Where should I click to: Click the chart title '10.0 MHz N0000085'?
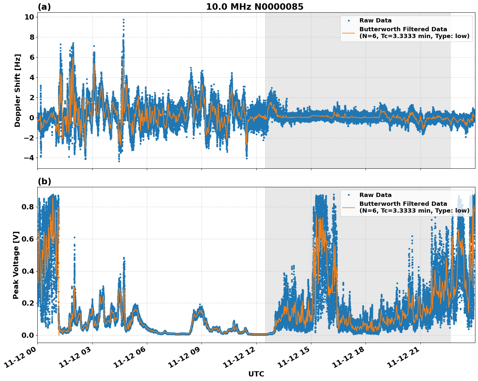[254, 7]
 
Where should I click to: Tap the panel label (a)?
[44, 7]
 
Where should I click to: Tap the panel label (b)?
[44, 181]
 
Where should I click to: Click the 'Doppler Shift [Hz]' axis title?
[18, 90]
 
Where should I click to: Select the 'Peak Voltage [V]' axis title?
[16, 265]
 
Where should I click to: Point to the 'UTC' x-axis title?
[256, 374]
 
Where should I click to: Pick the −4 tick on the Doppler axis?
[29, 158]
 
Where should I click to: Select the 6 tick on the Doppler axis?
[32, 57]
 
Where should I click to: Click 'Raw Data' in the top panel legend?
[375, 20]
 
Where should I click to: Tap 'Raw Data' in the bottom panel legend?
[375, 195]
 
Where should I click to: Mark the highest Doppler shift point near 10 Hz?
[123, 20]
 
